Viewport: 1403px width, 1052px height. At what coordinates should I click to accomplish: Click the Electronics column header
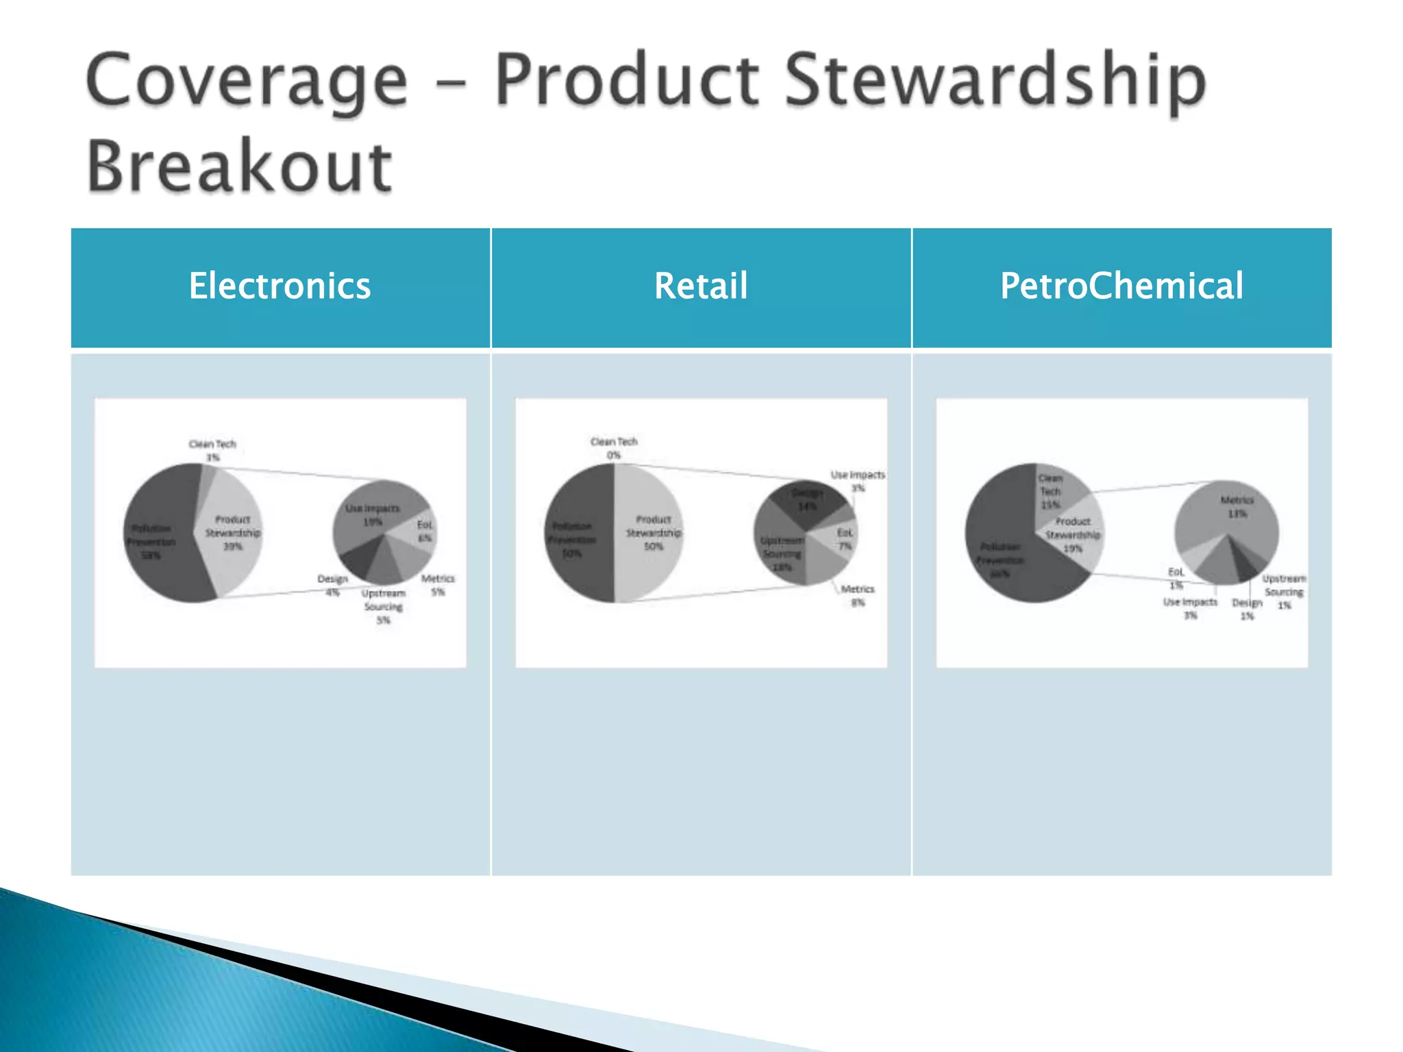[x=280, y=286]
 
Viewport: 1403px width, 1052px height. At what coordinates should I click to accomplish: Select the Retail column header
[x=700, y=286]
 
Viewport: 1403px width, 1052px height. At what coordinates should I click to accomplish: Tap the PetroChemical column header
[x=1121, y=286]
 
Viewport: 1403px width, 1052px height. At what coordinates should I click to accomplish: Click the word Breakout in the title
[x=239, y=166]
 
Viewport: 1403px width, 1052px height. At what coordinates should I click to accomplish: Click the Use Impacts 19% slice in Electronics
[x=373, y=510]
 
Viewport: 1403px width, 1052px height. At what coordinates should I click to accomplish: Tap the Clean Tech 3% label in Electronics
[x=212, y=450]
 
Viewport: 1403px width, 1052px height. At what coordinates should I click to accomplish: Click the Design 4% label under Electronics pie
[x=332, y=585]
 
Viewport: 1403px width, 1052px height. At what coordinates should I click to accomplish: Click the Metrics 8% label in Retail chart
[x=857, y=595]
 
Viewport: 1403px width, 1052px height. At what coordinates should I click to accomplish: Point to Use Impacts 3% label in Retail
[x=858, y=481]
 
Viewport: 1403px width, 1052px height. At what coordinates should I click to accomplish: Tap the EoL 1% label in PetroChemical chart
[x=1176, y=578]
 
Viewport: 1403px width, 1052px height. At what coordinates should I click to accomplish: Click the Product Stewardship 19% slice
[x=1073, y=535]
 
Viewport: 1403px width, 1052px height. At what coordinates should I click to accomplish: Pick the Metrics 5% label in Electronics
[x=438, y=585]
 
